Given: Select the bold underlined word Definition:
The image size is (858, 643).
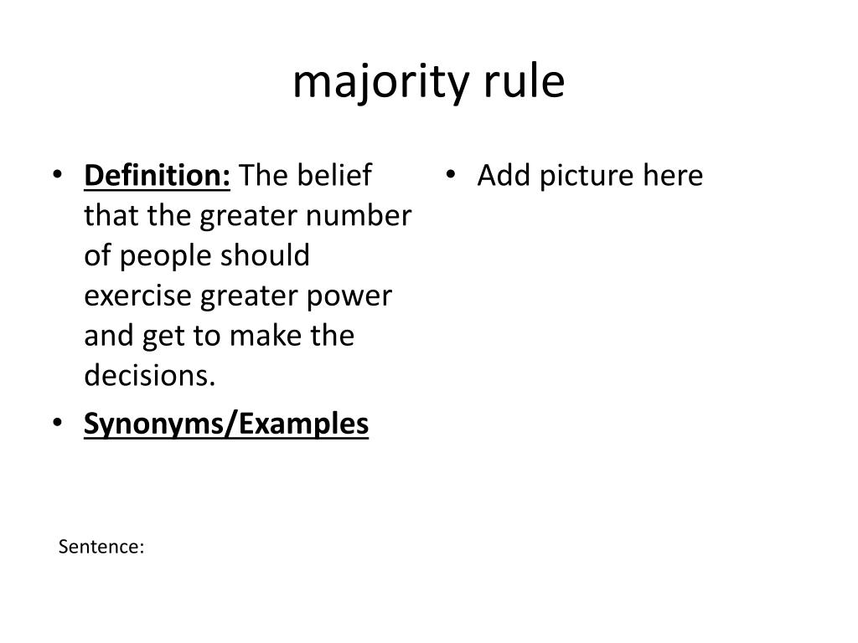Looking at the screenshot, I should pyautogui.click(x=158, y=176).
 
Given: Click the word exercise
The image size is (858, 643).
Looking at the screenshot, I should pyautogui.click(x=137, y=296).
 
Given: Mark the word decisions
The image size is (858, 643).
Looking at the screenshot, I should pyautogui.click(x=149, y=377).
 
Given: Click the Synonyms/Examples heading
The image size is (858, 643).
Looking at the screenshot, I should pyautogui.click(x=226, y=424).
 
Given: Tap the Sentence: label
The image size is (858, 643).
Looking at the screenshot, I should pyautogui.click(x=101, y=547).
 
